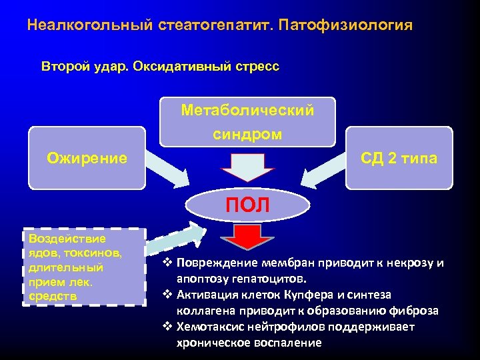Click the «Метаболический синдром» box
[x=248, y=122]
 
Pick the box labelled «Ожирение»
[x=87, y=158]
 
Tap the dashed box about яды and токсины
[x=83, y=267]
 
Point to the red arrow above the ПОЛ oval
[x=247, y=167]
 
